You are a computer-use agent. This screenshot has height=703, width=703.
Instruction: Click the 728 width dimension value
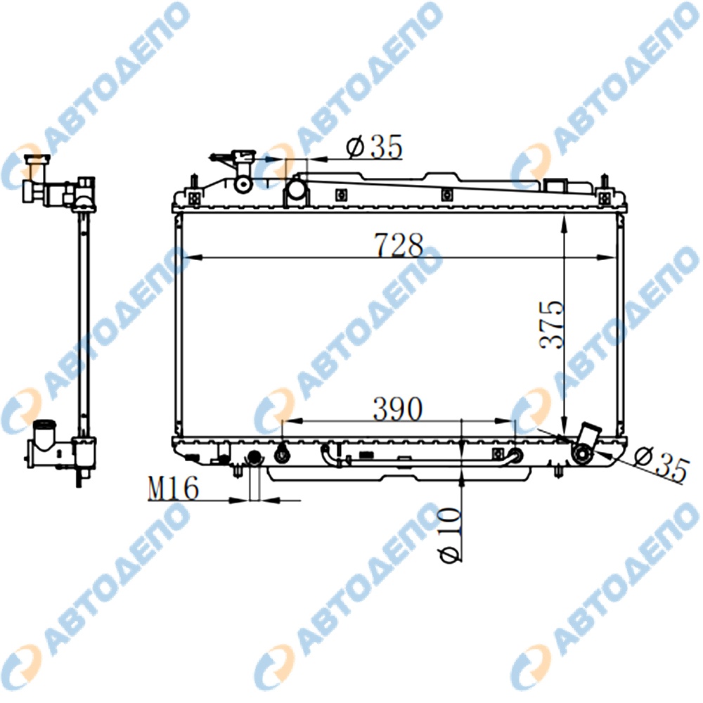click(399, 245)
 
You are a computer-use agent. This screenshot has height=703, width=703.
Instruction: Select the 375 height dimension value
click(551, 325)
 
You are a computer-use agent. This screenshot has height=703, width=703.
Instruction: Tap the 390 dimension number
click(398, 409)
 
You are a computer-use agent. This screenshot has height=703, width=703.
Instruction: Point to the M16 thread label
click(173, 489)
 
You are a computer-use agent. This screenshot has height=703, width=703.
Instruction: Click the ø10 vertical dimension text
click(451, 534)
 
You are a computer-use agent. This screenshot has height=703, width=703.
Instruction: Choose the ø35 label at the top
click(375, 147)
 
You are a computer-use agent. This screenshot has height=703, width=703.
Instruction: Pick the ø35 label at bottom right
click(662, 465)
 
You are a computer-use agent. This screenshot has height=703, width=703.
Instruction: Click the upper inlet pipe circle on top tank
click(296, 188)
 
